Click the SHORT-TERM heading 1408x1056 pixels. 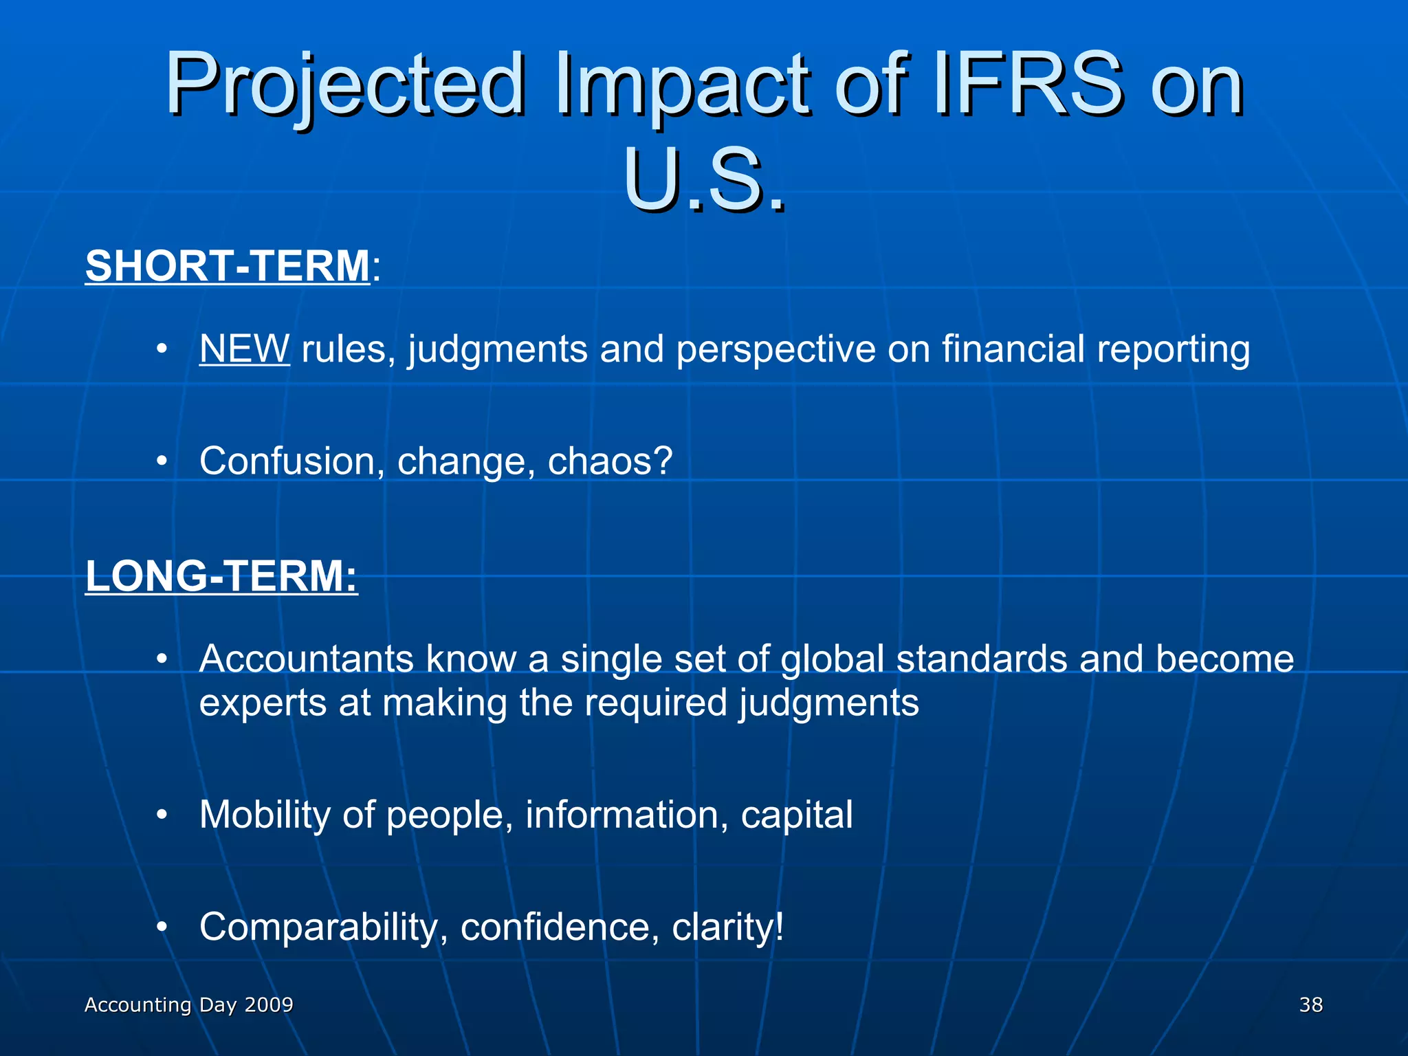click(x=228, y=266)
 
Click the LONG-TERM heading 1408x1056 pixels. click(x=221, y=576)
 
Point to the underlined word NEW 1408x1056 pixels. click(x=244, y=349)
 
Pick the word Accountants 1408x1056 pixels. click(x=307, y=659)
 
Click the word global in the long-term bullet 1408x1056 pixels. click(x=832, y=659)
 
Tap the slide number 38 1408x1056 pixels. click(x=1310, y=1005)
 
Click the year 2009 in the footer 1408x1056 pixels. click(x=269, y=1005)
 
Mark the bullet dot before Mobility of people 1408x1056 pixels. click(x=162, y=815)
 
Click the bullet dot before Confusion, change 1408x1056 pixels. click(x=162, y=461)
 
